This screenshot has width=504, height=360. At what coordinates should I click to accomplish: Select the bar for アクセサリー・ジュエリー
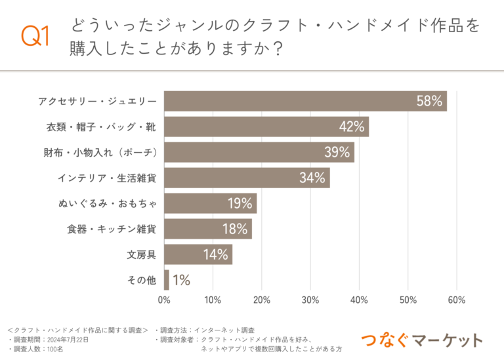click(x=305, y=101)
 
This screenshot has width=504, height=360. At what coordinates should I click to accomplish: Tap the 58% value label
click(x=430, y=101)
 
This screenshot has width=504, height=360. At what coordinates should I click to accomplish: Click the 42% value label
click(x=352, y=127)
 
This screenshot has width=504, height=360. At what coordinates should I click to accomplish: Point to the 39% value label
click(x=337, y=152)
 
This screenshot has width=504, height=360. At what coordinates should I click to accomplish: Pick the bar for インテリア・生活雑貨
click(x=247, y=178)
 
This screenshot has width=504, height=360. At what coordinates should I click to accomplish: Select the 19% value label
click(x=240, y=203)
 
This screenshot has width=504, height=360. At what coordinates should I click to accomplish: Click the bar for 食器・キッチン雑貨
click(x=207, y=229)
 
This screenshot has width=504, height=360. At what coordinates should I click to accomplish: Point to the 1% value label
click(x=181, y=280)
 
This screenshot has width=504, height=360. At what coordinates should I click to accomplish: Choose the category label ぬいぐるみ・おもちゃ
click(x=108, y=203)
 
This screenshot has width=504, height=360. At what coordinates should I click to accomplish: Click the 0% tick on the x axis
click(x=164, y=300)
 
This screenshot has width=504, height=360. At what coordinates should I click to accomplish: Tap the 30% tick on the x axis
click(x=310, y=300)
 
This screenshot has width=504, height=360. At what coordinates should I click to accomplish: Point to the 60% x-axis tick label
click(x=456, y=300)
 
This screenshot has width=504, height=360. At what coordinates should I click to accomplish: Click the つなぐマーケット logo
click(x=422, y=340)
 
